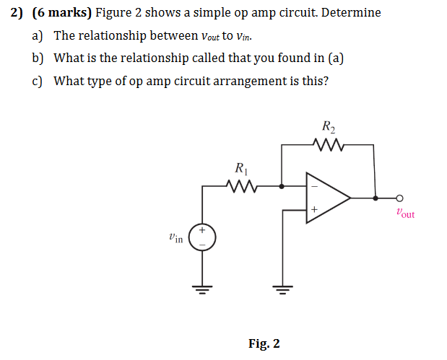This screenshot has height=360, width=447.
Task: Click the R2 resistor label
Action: click(328, 128)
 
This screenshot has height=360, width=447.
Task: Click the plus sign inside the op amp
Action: click(314, 208)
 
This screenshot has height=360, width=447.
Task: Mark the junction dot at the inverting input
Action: click(282, 185)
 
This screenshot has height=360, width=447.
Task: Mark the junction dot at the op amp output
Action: click(374, 196)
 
